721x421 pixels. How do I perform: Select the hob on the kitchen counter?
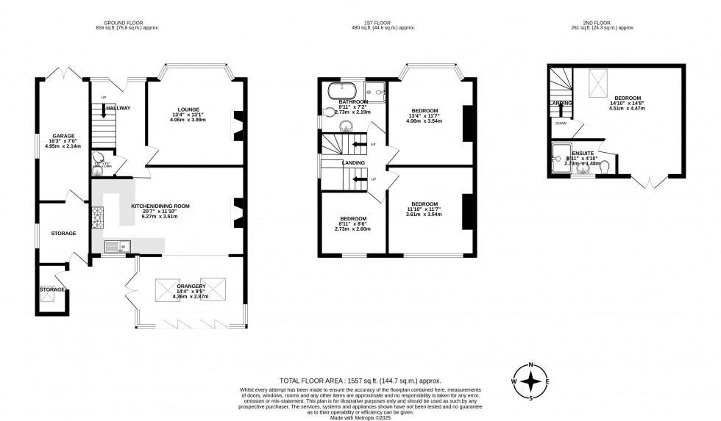98,216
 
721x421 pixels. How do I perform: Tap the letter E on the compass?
547,382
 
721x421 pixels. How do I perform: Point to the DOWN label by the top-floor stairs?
561,123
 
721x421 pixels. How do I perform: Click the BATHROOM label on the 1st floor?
353,102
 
